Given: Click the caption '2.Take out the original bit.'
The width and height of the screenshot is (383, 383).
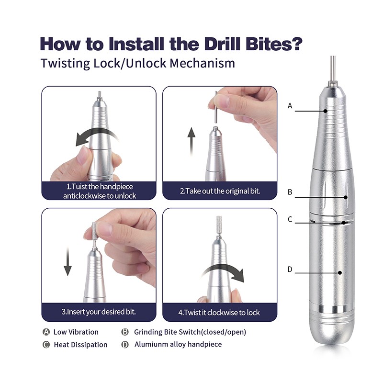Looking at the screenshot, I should [x=220, y=191].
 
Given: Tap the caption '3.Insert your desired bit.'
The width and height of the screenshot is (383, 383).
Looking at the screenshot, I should [x=99, y=312].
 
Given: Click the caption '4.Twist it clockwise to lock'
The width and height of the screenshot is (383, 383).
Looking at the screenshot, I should [x=219, y=312].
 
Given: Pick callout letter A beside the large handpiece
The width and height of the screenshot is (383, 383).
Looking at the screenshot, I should [x=290, y=106].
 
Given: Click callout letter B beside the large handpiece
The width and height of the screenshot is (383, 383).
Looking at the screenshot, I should [x=290, y=192].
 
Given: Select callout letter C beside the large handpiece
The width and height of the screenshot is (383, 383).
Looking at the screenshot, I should [x=290, y=220].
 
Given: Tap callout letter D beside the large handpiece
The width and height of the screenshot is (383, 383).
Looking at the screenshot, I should [x=290, y=270].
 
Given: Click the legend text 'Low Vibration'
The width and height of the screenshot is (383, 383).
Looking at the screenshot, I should [x=76, y=332].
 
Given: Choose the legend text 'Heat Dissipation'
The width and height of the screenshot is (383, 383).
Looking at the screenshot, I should [x=80, y=344].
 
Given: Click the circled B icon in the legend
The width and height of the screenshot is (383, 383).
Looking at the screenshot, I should [x=125, y=332].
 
